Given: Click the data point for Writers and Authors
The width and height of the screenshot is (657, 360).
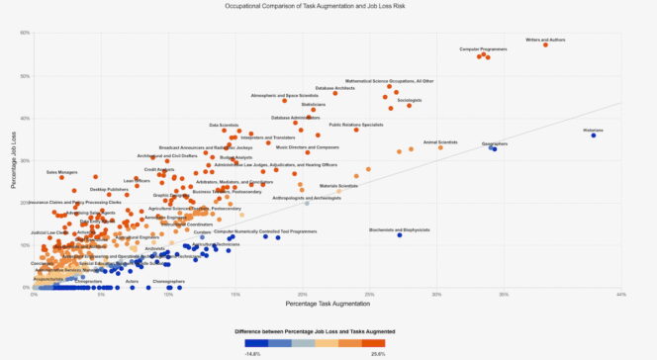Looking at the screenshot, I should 545,45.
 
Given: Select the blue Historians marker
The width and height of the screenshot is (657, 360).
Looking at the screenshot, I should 594,135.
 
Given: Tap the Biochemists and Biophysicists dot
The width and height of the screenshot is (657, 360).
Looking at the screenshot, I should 400,235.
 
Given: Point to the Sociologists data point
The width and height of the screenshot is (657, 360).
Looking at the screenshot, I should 409,105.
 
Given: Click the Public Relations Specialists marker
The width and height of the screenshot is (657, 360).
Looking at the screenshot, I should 356,130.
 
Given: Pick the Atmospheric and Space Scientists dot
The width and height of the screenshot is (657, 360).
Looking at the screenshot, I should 284,101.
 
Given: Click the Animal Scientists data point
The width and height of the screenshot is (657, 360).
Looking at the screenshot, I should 440,147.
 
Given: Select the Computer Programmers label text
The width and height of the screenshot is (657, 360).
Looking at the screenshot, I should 484,48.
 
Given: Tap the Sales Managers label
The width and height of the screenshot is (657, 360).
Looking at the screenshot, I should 61,172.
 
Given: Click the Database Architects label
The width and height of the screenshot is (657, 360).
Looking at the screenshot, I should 334,88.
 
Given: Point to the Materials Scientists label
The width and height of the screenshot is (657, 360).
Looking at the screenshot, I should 338,186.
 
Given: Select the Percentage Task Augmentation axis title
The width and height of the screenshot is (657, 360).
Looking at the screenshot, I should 328,301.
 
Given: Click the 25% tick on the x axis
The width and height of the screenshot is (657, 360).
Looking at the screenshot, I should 368,293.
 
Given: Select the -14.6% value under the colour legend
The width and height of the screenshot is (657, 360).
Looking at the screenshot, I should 252,352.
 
